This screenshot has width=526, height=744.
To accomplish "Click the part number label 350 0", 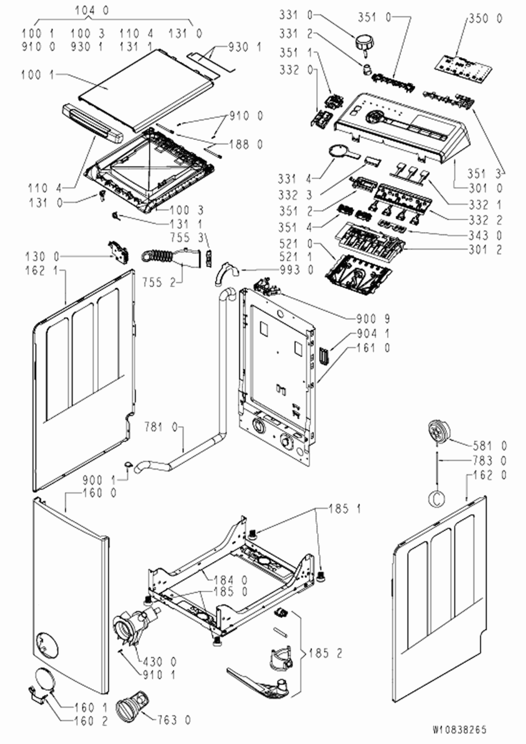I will point(485,19).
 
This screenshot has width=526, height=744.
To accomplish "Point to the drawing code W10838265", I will point(460,730).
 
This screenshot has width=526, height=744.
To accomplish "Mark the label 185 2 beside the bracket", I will point(325,653).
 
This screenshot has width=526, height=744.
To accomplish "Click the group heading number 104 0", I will point(92,10).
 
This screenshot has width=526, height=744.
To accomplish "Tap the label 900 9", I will point(373,319).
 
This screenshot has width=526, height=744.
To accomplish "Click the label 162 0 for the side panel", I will point(490,475).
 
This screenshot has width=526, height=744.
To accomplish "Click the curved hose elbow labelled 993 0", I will point(226,273).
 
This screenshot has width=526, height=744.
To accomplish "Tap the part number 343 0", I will point(485,235).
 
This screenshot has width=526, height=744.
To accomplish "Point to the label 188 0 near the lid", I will point(246,144).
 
